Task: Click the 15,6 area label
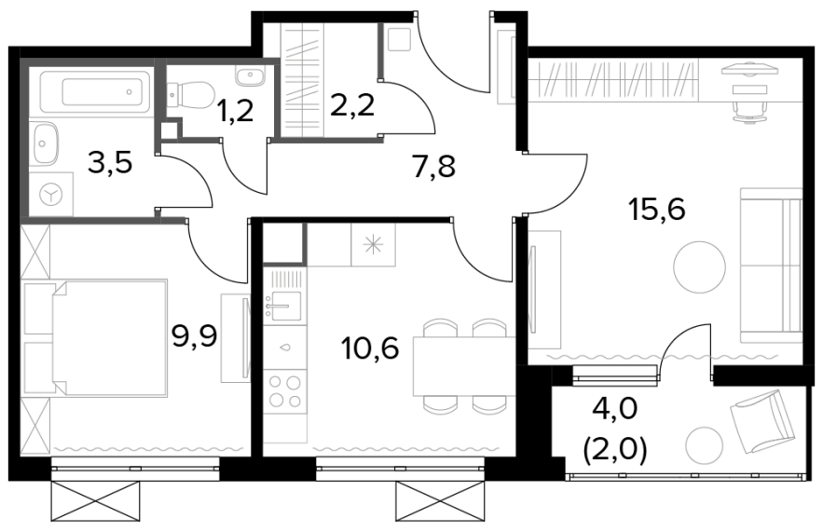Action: click(x=656, y=211)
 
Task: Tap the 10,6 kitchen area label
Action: click(x=369, y=348)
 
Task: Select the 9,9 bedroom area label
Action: click(x=195, y=336)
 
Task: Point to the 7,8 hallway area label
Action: click(x=433, y=167)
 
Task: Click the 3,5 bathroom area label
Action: click(x=110, y=163)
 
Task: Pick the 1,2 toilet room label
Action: click(x=235, y=111)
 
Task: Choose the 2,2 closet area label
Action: click(x=352, y=105)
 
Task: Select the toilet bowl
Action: click(x=191, y=94)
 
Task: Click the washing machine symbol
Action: click(x=51, y=195)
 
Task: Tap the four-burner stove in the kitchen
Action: click(x=285, y=389)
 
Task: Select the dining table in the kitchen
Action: click(x=464, y=366)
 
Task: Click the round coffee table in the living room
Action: click(x=700, y=267)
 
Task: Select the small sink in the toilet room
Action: click(x=249, y=77)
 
